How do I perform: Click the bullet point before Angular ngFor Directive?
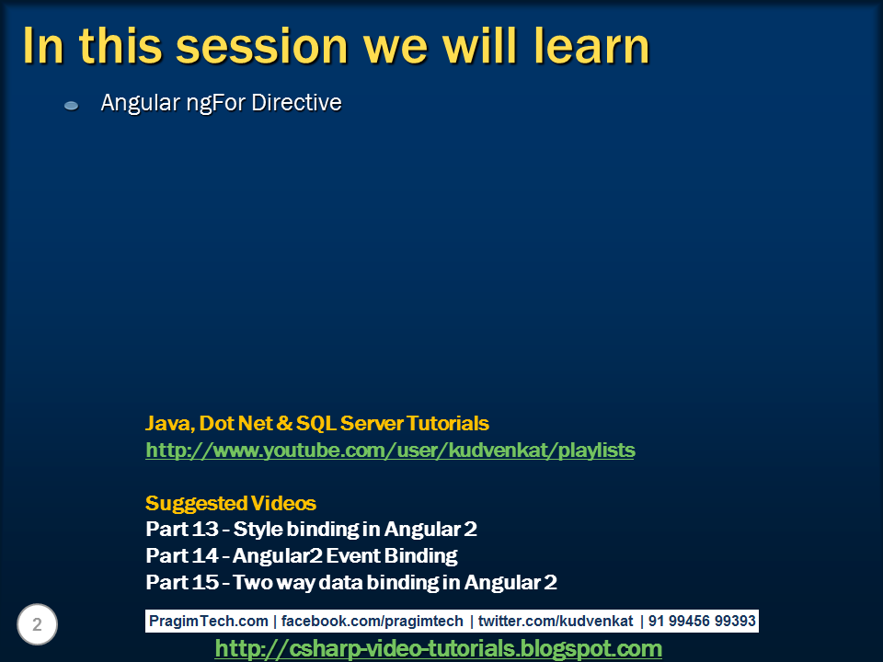click(x=72, y=106)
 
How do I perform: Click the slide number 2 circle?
click(x=37, y=625)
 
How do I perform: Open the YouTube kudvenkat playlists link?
click(x=390, y=451)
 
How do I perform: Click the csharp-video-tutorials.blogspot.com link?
click(x=438, y=649)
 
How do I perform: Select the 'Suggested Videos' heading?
click(x=231, y=504)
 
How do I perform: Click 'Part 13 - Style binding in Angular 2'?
click(x=311, y=530)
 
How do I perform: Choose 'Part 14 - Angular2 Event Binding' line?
click(x=302, y=555)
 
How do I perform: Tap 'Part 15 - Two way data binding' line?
click(x=351, y=582)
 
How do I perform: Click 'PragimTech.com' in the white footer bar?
click(x=209, y=621)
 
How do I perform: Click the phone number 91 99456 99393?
click(x=702, y=621)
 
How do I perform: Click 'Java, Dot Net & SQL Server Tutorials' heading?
click(x=317, y=424)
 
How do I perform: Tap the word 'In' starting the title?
click(x=41, y=46)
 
